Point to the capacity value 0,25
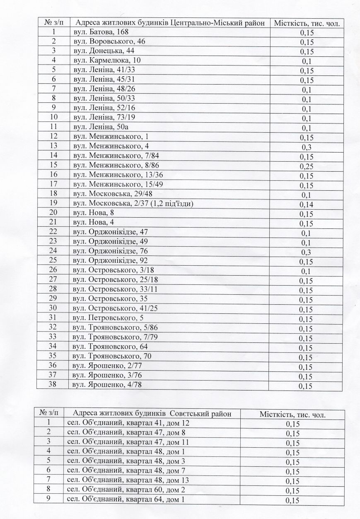point(306,167)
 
